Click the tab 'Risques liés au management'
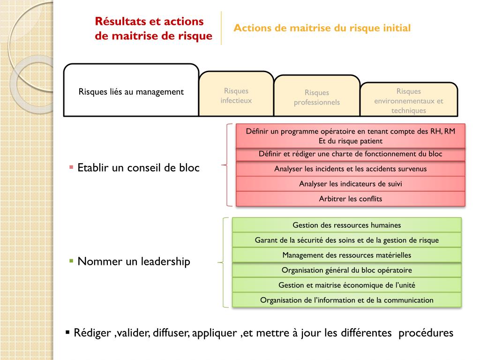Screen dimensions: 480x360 [131, 91]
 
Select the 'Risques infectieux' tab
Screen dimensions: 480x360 [236, 95]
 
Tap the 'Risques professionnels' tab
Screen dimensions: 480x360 [317, 97]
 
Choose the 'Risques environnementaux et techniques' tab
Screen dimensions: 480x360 [408, 101]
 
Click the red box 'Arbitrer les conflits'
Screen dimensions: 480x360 [350, 199]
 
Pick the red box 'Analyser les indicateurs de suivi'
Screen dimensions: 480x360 [350, 184]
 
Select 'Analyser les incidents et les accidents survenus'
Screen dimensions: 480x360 [350, 169]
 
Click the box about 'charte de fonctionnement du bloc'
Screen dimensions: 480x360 [350, 154]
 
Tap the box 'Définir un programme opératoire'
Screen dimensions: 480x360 [350, 136]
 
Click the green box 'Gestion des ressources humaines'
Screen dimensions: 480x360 [346, 225]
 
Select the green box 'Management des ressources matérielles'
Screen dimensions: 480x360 [346, 255]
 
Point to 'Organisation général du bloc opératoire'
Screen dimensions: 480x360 [346, 270]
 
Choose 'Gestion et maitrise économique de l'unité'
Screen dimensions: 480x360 [346, 285]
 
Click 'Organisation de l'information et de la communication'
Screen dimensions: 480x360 [346, 300]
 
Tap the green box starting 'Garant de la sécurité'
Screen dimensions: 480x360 [346, 240]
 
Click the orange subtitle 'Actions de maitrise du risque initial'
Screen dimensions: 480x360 [322, 28]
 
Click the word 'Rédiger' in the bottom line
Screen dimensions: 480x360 [92, 333]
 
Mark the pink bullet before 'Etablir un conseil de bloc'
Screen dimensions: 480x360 [71, 167]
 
